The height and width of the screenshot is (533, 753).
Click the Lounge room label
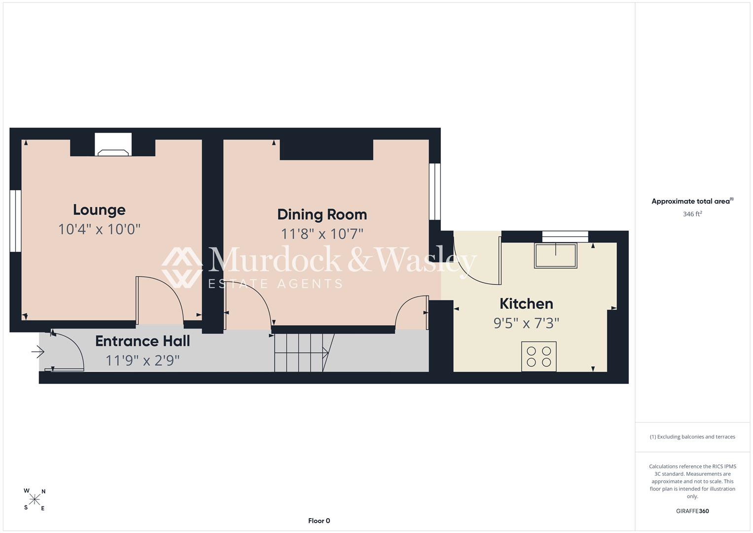tap(99, 210)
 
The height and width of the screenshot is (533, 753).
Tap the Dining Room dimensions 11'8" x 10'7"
tap(322, 234)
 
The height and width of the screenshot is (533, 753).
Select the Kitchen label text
tap(526, 304)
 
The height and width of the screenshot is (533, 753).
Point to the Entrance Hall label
tap(143, 341)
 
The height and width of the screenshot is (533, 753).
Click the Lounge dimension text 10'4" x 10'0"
tap(99, 229)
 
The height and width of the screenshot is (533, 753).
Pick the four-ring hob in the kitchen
tap(539, 357)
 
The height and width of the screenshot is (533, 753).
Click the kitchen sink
tap(556, 256)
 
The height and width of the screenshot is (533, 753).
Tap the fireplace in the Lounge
tap(113, 145)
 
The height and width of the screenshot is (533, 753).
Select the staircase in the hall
tap(304, 353)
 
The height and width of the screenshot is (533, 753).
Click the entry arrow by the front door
tap(37, 352)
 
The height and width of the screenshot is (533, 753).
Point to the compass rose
tap(35, 499)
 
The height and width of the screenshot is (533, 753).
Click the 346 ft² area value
tap(692, 214)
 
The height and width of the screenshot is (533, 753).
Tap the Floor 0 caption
tap(319, 521)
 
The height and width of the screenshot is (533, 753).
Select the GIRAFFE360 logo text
tap(692, 511)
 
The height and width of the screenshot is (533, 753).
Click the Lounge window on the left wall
tap(15, 221)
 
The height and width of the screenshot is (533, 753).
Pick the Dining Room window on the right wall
tap(434, 192)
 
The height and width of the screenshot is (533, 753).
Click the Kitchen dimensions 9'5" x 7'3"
tap(526, 323)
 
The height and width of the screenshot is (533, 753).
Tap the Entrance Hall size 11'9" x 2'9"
tap(143, 361)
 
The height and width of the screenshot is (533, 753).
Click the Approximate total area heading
tap(692, 201)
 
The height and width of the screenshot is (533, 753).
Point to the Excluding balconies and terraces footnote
tap(692, 437)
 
